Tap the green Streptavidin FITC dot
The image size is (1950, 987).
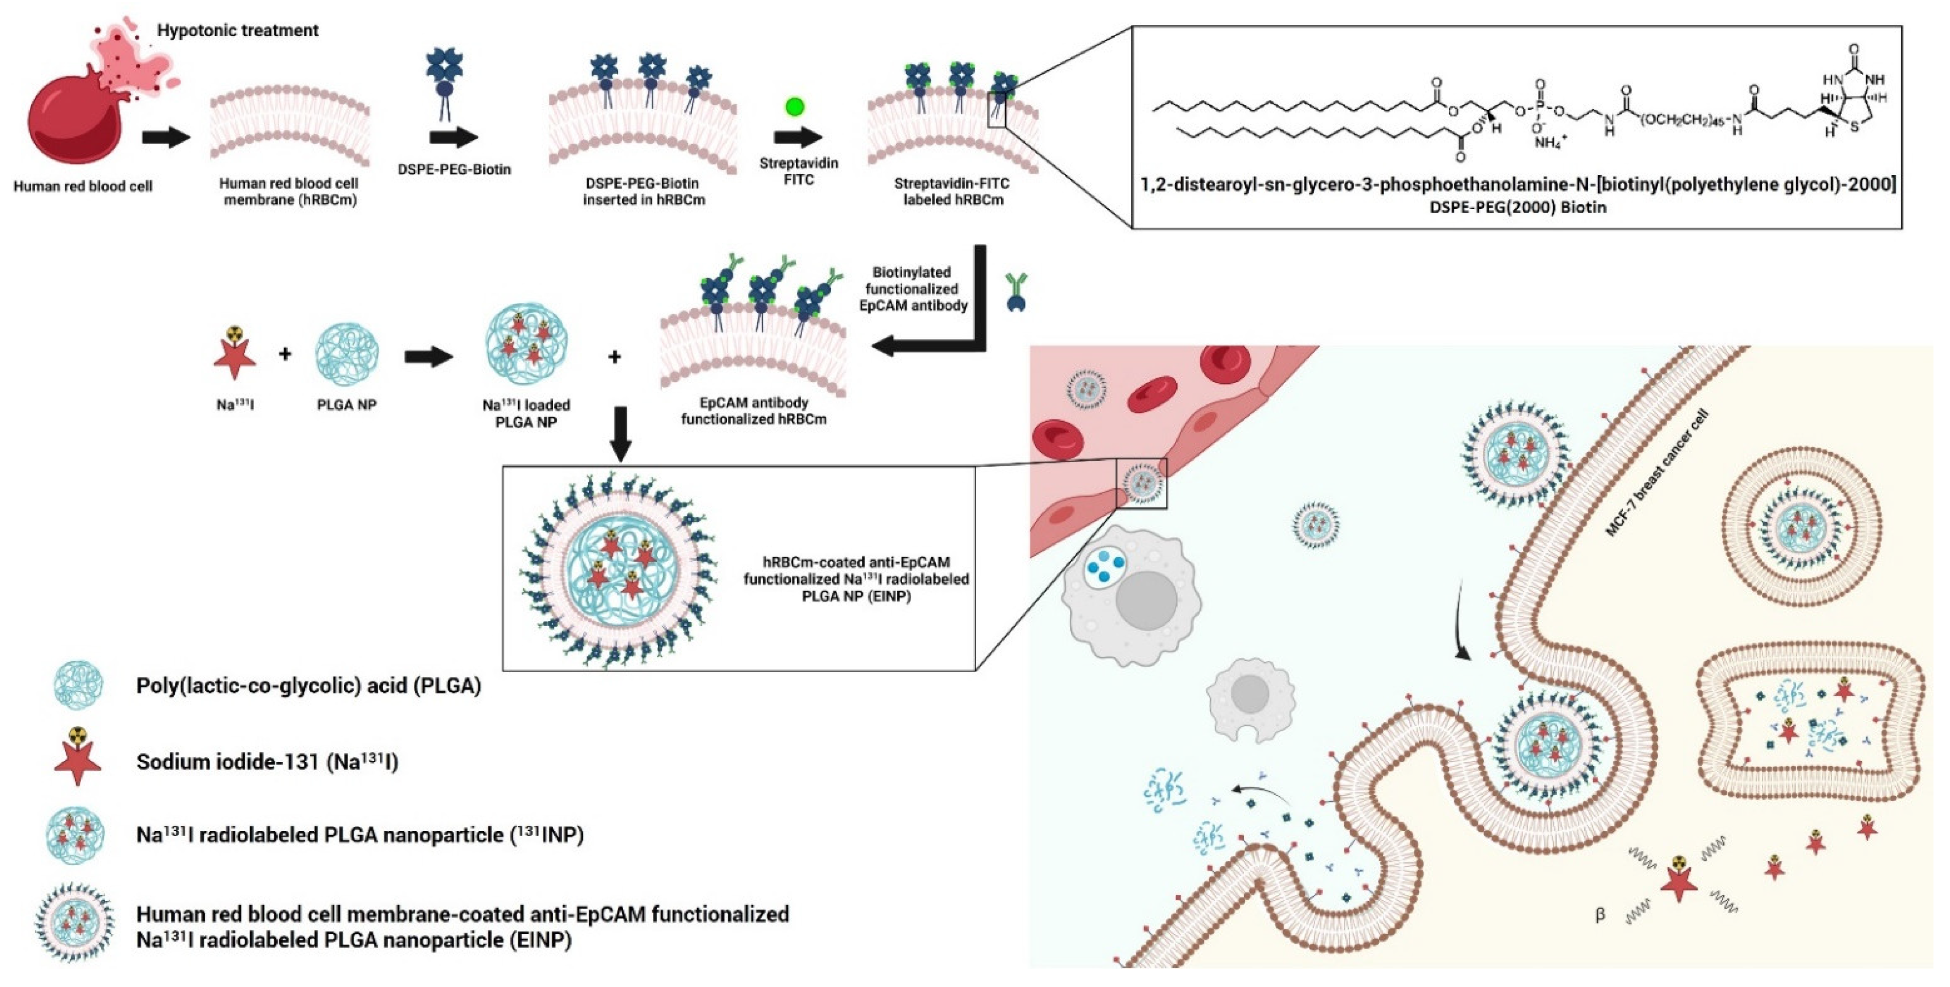(x=794, y=107)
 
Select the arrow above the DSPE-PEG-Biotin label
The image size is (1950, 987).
(x=453, y=138)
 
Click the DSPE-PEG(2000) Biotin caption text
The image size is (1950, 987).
(x=1517, y=206)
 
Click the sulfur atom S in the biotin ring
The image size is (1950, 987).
(x=1854, y=126)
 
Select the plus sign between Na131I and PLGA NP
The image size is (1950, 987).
(x=285, y=353)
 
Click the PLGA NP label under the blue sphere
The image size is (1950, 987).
(x=346, y=405)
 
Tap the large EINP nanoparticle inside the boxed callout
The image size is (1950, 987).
(x=619, y=568)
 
